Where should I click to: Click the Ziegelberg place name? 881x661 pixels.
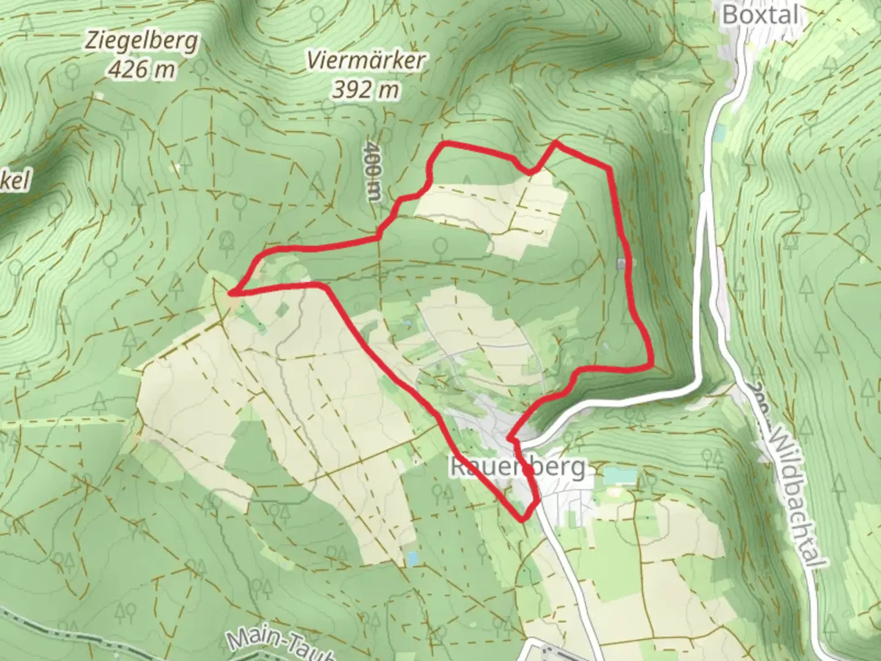pos(142,42)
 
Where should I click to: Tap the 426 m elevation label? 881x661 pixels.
pos(142,69)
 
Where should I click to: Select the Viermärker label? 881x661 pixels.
pos(366,61)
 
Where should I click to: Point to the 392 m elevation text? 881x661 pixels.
pos(366,90)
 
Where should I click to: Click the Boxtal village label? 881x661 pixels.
pos(760,15)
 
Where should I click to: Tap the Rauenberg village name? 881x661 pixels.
pos(518,467)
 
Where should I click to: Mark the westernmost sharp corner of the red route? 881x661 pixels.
pos(233,293)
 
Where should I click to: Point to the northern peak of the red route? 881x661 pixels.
pos(556,143)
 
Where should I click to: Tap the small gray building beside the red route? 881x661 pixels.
pos(622,264)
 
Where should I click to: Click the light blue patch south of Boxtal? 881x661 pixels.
pos(719,132)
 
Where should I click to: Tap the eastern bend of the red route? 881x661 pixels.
pos(650,365)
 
